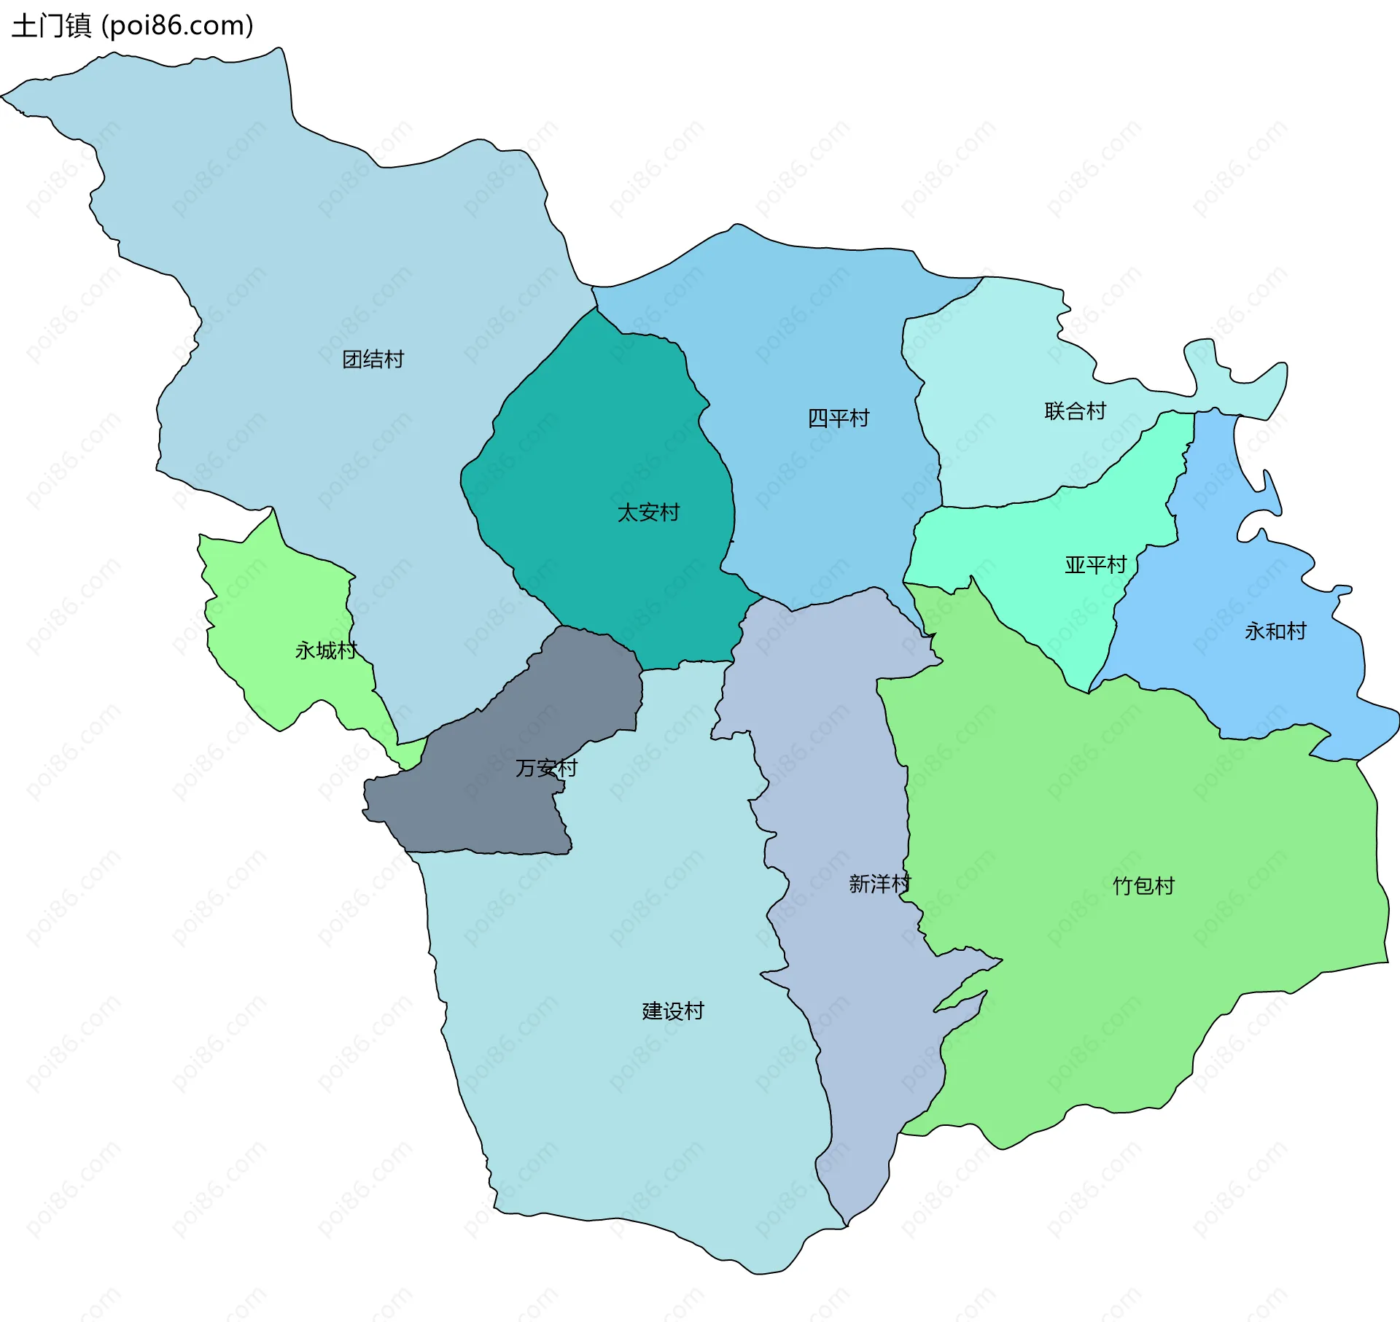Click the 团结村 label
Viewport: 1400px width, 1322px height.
[x=373, y=359]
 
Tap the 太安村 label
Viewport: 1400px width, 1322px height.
[x=648, y=513]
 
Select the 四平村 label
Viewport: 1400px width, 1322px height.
[x=839, y=419]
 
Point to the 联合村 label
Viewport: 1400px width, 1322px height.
[x=1075, y=411]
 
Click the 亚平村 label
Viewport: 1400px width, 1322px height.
[x=1095, y=565]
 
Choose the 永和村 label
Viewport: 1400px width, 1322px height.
[x=1275, y=631]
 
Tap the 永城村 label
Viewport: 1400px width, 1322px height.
[x=325, y=650]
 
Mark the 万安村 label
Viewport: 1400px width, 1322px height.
[x=546, y=769]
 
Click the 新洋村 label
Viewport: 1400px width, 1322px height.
[x=879, y=884]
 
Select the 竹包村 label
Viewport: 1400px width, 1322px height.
[x=1143, y=887]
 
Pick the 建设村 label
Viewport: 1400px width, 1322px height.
[x=672, y=1011]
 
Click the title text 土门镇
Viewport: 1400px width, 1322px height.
[x=51, y=26]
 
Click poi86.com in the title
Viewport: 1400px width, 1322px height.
[x=177, y=26]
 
